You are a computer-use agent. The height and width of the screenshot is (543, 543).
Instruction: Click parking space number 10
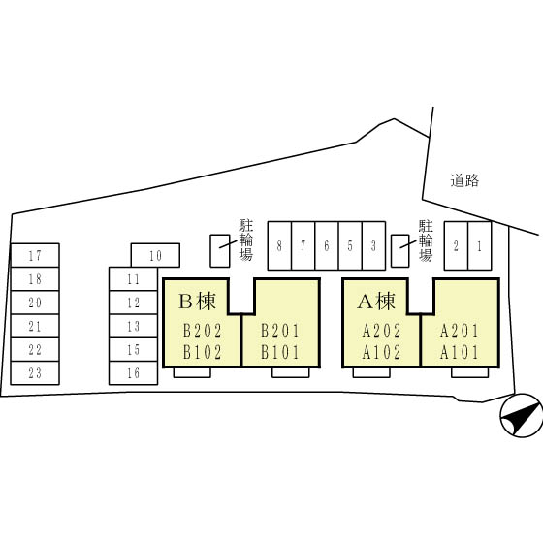(x=155, y=256)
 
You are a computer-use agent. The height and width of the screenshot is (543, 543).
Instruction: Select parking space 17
(x=35, y=256)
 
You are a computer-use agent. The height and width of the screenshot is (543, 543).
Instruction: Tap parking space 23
(x=35, y=373)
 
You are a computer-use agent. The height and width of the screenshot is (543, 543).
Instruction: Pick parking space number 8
(x=279, y=246)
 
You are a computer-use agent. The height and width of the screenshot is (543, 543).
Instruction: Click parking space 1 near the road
(x=480, y=246)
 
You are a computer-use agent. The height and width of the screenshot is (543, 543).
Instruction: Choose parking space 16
(x=134, y=373)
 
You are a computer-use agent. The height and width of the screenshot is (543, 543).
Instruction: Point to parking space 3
(x=373, y=246)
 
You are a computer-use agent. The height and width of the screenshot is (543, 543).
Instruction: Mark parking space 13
(x=134, y=326)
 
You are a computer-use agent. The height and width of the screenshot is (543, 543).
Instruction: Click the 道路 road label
(x=464, y=180)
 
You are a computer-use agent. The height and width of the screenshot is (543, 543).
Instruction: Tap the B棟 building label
(x=198, y=301)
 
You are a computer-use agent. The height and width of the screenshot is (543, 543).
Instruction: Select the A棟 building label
(x=376, y=301)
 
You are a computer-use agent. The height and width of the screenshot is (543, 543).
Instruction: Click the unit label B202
(x=202, y=331)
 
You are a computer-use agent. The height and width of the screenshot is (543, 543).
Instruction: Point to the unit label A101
(x=460, y=353)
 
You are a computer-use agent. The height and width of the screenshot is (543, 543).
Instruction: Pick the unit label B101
(x=280, y=353)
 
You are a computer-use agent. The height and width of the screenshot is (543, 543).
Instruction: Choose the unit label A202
(x=381, y=331)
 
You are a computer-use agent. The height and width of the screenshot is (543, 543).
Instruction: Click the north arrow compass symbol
(x=522, y=416)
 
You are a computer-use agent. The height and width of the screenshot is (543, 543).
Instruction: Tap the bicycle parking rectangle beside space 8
(x=220, y=251)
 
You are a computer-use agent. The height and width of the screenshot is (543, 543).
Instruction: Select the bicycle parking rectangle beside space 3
(x=400, y=251)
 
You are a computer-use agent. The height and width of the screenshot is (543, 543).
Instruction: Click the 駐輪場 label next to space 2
(x=426, y=240)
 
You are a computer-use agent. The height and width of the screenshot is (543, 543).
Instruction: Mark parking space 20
(x=35, y=303)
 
